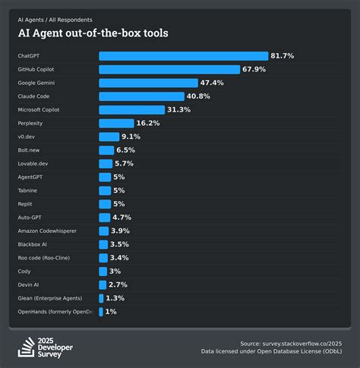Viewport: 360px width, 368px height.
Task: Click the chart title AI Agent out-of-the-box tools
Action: pos(93,33)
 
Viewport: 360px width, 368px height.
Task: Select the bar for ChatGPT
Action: pos(183,56)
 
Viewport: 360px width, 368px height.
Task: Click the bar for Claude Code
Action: pos(141,96)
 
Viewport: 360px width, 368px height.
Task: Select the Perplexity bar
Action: pos(115,123)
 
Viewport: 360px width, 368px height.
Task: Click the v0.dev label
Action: pos(27,137)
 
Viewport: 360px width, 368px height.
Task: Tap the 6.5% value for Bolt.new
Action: pos(127,150)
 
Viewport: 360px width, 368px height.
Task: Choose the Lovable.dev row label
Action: pos(33,163)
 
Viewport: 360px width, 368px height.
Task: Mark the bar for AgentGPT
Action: pos(104,177)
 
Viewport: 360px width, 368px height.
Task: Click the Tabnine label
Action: pos(27,190)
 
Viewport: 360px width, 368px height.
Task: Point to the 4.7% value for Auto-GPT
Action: pos(121,217)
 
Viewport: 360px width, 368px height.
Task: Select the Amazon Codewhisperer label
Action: pos(48,231)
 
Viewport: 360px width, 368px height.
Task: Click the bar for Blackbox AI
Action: pos(103,244)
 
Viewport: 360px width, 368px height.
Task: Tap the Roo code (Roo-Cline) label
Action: pos(46,258)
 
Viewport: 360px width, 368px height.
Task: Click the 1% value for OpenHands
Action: pos(110,312)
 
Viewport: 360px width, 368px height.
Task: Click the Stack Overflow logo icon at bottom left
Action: pos(26,345)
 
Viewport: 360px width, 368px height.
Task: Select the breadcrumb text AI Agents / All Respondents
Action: pos(55,19)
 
